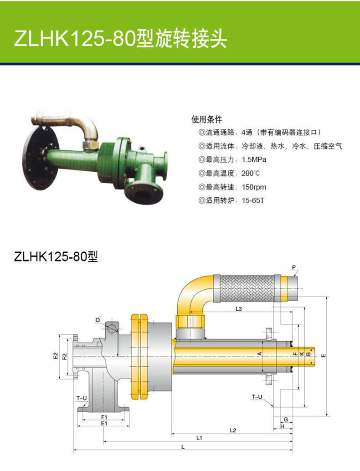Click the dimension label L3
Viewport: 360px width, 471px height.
pyautogui.click(x=239, y=308)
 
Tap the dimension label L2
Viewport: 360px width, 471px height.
pyautogui.click(x=233, y=430)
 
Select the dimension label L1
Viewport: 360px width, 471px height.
pyautogui.click(x=199, y=438)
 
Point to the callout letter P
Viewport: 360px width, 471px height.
pyautogui.click(x=294, y=267)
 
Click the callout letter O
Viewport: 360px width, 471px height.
pyautogui.click(x=98, y=320)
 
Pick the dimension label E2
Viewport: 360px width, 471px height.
pyautogui.click(x=55, y=356)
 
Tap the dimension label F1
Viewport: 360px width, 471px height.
pyautogui.click(x=104, y=417)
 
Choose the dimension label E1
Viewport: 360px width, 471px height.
pyautogui.click(x=104, y=423)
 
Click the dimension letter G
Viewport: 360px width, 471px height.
pyautogui.click(x=286, y=420)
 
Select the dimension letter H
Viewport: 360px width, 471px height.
pyautogui.click(x=283, y=426)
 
